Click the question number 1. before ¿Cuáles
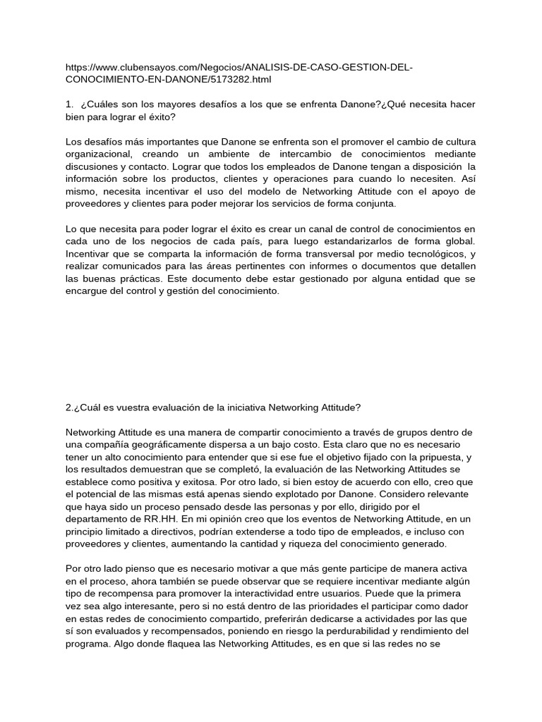[x=68, y=104]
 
